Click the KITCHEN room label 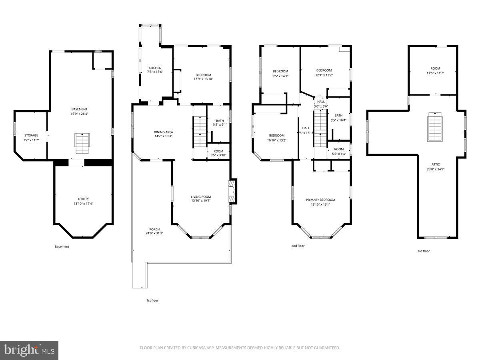coord(155,68)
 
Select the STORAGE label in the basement coord(31,136)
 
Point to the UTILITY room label coord(83,199)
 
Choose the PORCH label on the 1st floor coord(154,229)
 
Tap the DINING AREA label coord(163,132)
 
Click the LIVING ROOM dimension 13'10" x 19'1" coord(201,201)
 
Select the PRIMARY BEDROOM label coord(320,200)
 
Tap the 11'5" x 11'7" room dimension coord(435,73)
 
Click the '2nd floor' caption coord(298,246)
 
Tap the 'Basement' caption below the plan coord(62,247)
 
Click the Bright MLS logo coord(29,350)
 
